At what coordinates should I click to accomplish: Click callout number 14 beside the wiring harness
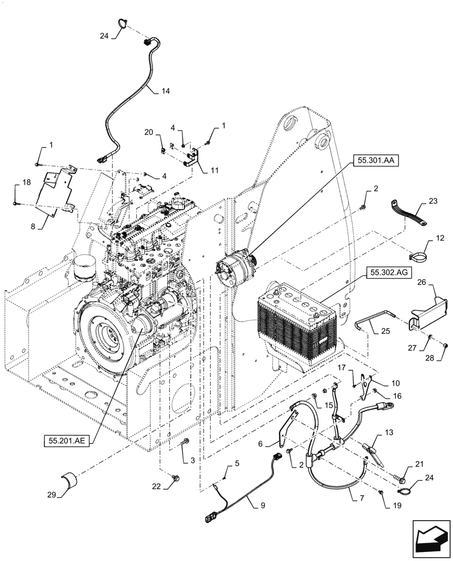tap(149, 91)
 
